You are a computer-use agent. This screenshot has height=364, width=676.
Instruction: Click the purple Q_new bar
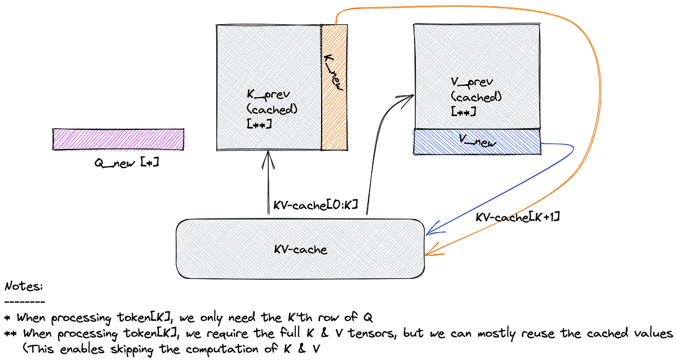coord(118,139)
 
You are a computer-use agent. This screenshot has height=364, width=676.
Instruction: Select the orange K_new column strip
coord(334,87)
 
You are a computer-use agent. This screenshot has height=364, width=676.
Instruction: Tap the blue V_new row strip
coord(477,142)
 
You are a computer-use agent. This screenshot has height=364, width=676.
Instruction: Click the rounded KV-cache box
coord(300,248)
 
